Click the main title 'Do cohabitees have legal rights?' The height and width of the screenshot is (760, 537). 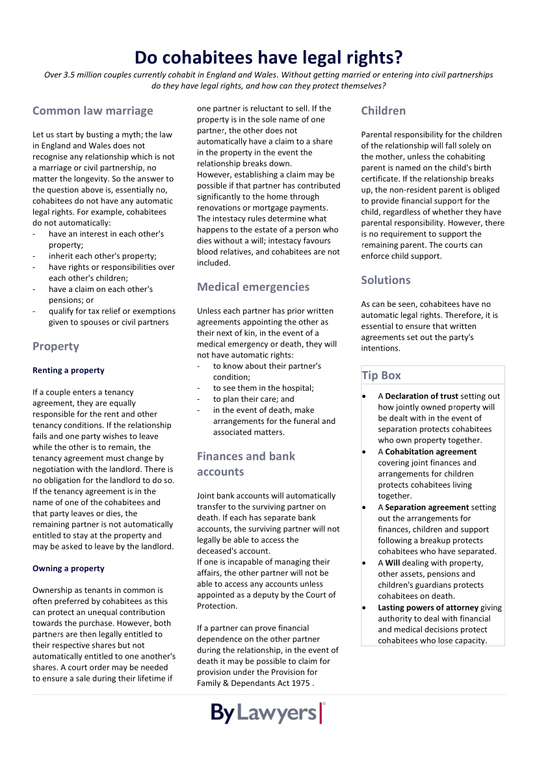pyautogui.click(x=268, y=58)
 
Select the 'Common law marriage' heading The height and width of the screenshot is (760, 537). pyautogui.click(x=93, y=111)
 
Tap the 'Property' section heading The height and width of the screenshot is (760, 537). pyautogui.click(x=56, y=347)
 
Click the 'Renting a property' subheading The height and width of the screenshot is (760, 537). pyautogui.click(x=68, y=371)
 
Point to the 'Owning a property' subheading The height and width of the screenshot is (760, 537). pyautogui.click(x=68, y=569)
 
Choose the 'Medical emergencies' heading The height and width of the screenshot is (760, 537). pyautogui.click(x=253, y=287)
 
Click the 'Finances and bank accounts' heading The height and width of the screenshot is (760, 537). pyautogui.click(x=246, y=464)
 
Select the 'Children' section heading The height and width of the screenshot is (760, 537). pyautogui.click(x=383, y=111)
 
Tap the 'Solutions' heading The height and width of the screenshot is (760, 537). pyautogui.click(x=386, y=280)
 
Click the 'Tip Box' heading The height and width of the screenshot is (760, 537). pyautogui.click(x=381, y=376)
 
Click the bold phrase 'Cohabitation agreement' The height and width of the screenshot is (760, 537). pyautogui.click(x=430, y=452)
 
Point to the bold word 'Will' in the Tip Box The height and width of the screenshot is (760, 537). pyautogui.click(x=393, y=563)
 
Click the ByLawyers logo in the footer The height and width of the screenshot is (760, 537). pyautogui.click(x=268, y=713)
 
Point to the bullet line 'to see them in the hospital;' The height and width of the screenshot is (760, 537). pyautogui.click(x=263, y=388)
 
